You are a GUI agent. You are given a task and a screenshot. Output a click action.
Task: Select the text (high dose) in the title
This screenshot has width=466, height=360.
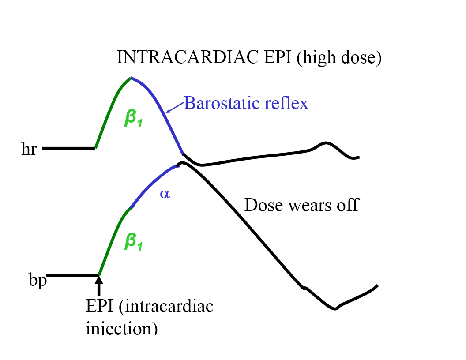pos(339,58)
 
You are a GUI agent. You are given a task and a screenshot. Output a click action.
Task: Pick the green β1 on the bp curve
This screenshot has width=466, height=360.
pos(134,241)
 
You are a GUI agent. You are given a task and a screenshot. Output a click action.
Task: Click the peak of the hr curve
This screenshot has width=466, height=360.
pos(130,78)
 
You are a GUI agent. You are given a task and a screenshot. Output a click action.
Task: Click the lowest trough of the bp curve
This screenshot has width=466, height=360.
pos(335,308)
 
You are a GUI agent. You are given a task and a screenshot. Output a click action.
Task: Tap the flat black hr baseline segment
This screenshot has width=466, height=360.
pos(69,148)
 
